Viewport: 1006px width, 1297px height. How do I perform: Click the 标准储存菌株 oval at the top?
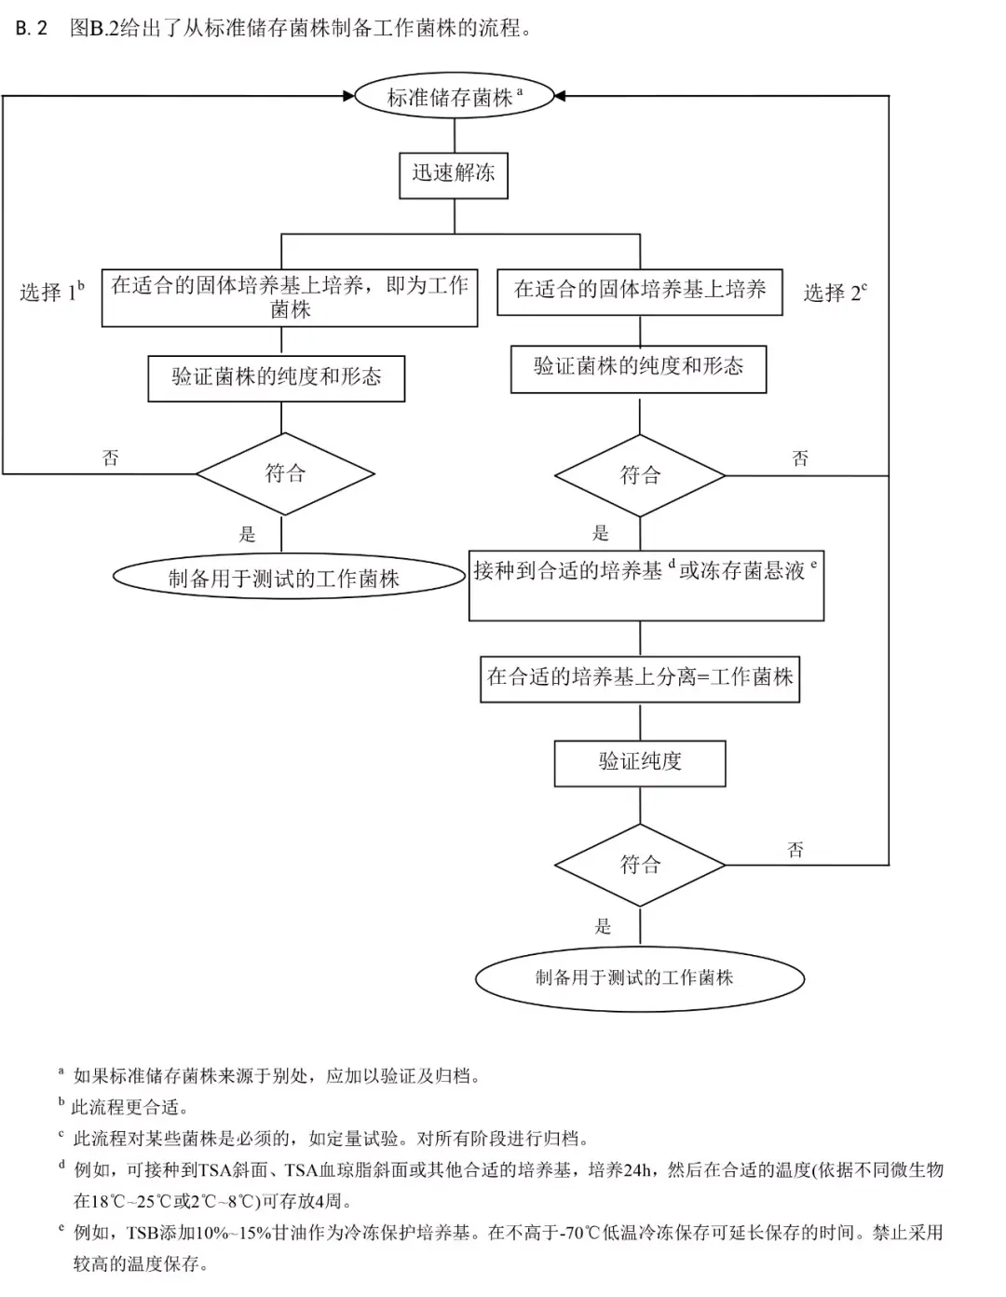pos(454,96)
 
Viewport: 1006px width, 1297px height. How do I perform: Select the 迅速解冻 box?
pos(454,174)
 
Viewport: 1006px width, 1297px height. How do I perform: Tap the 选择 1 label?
pos(51,292)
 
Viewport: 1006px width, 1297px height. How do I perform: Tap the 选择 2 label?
pos(835,293)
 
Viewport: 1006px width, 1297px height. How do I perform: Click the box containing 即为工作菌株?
pos(290,297)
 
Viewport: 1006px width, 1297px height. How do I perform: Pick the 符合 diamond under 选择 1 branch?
pos(285,473)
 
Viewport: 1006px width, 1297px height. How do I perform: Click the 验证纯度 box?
pos(640,762)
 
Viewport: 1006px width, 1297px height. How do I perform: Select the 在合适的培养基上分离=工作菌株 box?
pos(640,678)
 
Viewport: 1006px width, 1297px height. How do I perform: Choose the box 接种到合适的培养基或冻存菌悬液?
pos(646,584)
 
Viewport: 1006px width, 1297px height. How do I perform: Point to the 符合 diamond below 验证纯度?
pos(640,865)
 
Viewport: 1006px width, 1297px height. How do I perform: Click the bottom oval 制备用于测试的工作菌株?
pos(639,977)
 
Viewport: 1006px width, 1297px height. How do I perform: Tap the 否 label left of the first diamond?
pos(110,457)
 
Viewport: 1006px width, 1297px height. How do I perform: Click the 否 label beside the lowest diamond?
pos(795,849)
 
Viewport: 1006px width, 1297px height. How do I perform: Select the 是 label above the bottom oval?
pos(603,926)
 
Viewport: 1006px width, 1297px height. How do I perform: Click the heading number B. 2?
pos(31,28)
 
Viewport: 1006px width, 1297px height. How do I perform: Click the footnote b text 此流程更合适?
pos(131,1108)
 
